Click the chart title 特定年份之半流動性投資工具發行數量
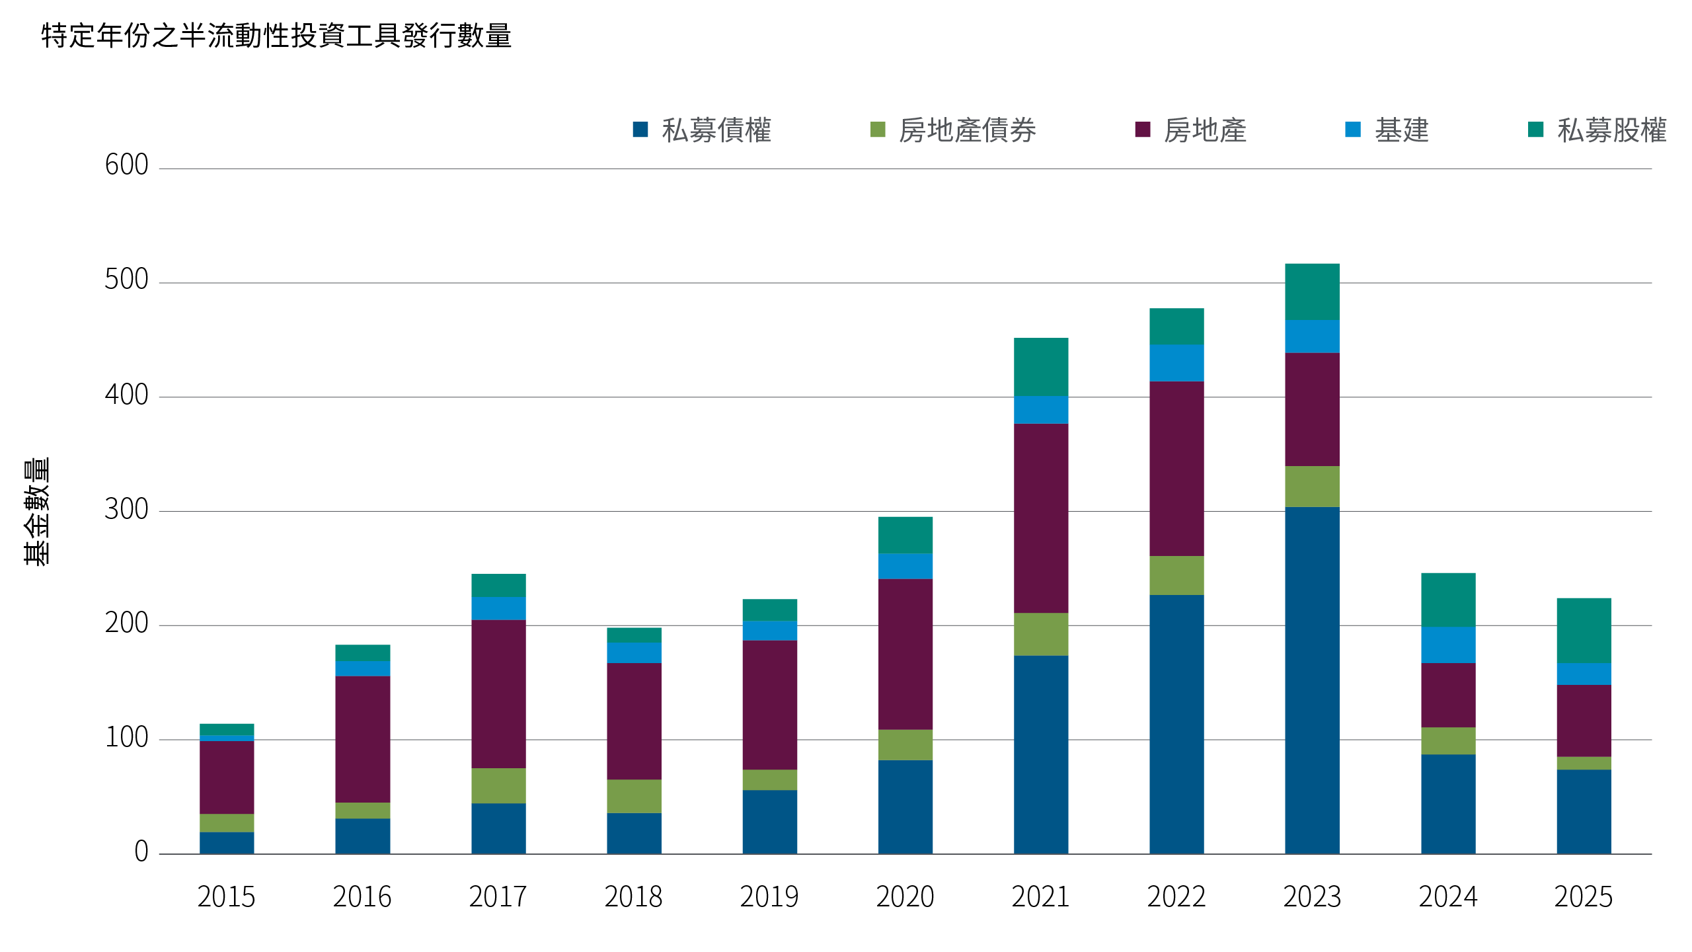tap(276, 36)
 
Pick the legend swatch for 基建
tap(1353, 130)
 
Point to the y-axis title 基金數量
tap(36, 511)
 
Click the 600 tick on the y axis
tap(126, 165)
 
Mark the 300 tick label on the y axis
tap(126, 510)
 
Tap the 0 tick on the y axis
tap(141, 852)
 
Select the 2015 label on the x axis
tap(226, 897)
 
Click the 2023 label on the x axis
tap(1312, 897)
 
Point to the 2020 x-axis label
tap(905, 897)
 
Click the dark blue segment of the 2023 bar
tap(1312, 681)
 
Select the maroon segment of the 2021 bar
tap(1041, 518)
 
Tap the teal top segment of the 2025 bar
tap(1584, 631)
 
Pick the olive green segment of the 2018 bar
tap(634, 796)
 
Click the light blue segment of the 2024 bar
tap(1448, 645)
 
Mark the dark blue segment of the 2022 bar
tap(1176, 725)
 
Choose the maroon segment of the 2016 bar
tap(362, 739)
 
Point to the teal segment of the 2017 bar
tap(498, 586)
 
